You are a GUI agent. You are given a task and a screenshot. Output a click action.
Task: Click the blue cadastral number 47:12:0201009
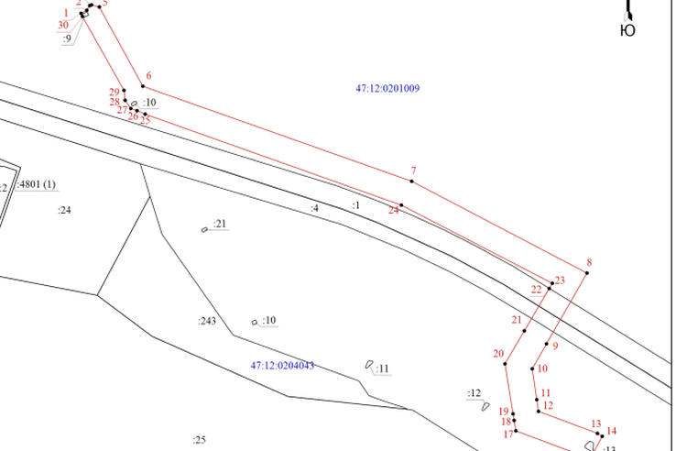[x=387, y=89]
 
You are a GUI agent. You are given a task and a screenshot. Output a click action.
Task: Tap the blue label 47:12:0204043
[x=282, y=366]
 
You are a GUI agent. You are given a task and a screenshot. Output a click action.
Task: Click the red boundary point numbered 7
[x=411, y=181]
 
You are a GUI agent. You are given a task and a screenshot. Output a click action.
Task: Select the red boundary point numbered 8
[x=587, y=273]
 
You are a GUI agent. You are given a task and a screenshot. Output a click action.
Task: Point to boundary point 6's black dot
[x=143, y=86]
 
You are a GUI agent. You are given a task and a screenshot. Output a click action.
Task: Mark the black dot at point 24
[x=401, y=205]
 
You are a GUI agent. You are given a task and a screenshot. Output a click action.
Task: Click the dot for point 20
[x=505, y=364]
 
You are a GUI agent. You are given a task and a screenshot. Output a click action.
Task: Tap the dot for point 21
[x=524, y=331]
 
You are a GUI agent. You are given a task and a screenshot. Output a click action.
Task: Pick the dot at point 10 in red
[x=532, y=368]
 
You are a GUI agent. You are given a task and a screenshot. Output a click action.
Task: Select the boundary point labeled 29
[x=125, y=90]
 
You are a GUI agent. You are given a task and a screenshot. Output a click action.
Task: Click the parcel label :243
[x=207, y=321]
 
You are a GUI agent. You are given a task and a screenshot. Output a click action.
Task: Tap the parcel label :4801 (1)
[x=37, y=184]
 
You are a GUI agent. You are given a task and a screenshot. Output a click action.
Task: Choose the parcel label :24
[x=64, y=210]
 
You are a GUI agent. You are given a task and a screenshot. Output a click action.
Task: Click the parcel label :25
[x=199, y=440]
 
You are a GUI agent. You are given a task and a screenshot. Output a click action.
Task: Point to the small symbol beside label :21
[x=204, y=229]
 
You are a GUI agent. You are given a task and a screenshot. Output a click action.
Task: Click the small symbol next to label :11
[x=369, y=365]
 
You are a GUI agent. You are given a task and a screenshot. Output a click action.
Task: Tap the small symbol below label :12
[x=485, y=406]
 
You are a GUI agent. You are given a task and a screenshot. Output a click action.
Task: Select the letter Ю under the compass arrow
[x=627, y=30]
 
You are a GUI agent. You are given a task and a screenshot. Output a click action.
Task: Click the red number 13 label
[x=596, y=423]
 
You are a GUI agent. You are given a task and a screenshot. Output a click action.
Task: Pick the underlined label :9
[x=67, y=38]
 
